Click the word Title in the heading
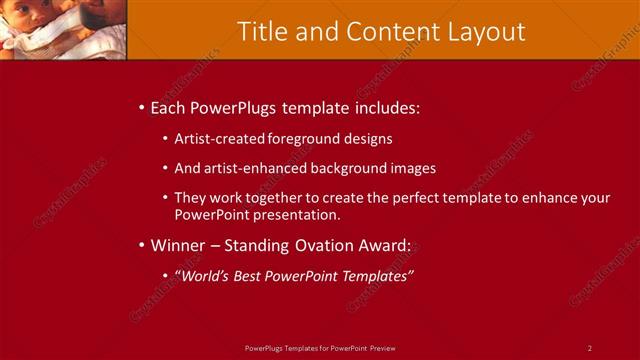click(261, 31)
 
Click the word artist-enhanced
click(253, 168)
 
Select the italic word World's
click(206, 275)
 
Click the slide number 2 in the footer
click(590, 347)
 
